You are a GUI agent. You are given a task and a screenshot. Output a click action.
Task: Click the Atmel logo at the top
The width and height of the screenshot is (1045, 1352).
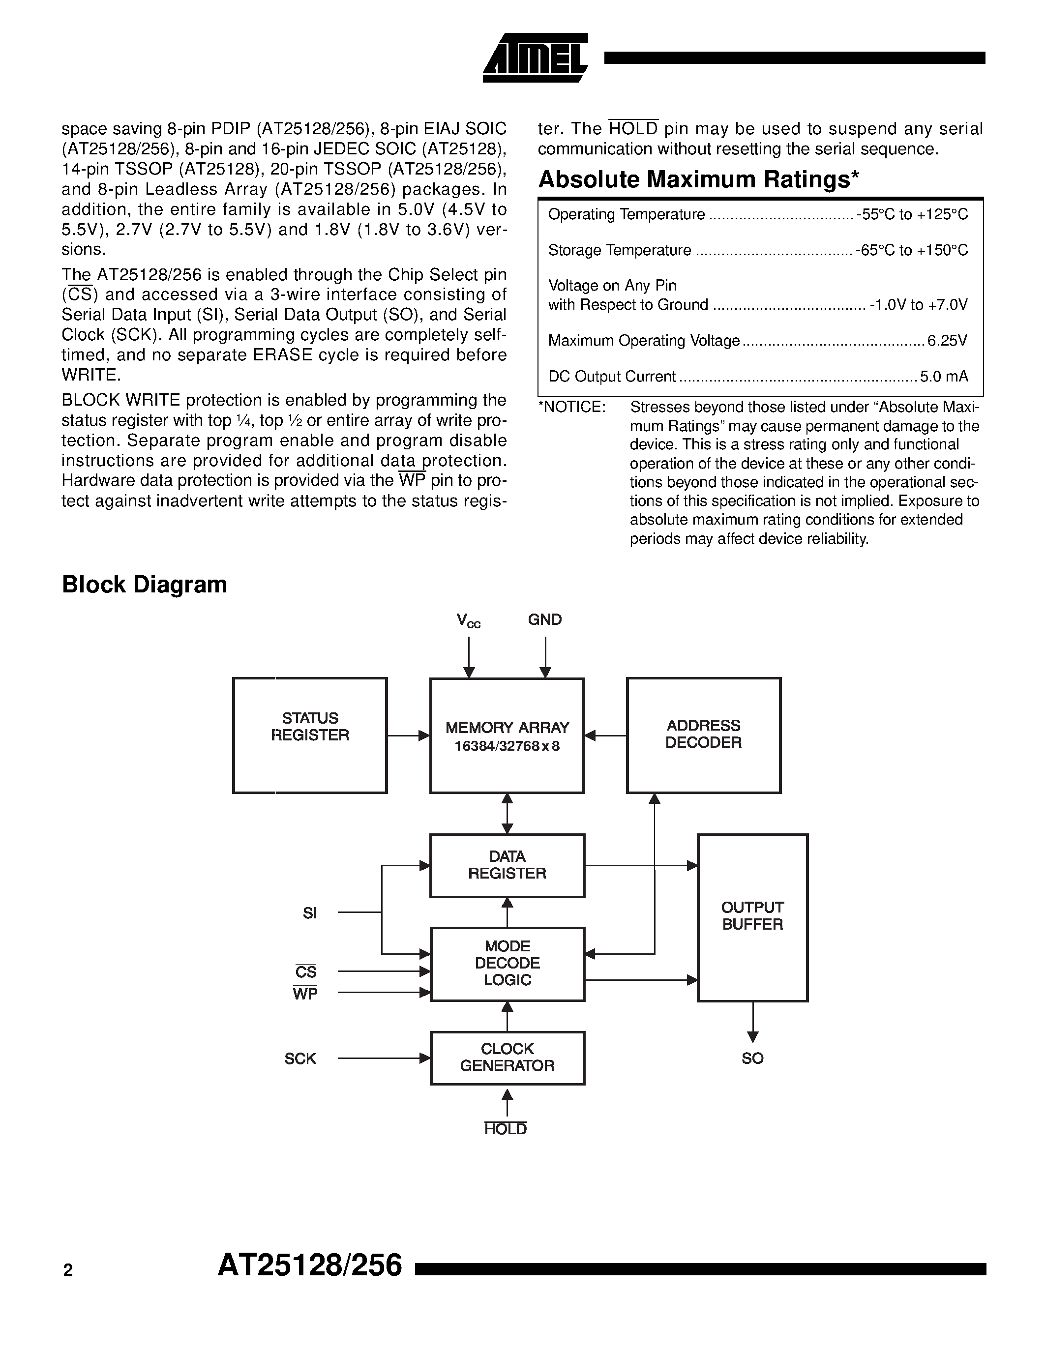pyautogui.click(x=535, y=58)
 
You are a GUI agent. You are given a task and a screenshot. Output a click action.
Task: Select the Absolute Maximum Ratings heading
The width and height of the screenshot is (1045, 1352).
pyautogui.click(x=698, y=179)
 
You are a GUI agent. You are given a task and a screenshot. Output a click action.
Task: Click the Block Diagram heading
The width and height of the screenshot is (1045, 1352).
pyautogui.click(x=144, y=585)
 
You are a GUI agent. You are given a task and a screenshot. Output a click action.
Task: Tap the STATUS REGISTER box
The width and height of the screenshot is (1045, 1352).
pyautogui.click(x=309, y=735)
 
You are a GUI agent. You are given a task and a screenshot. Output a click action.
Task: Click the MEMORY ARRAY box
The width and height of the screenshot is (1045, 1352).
pyautogui.click(x=507, y=735)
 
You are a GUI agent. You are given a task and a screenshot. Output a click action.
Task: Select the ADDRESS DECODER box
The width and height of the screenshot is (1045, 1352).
pyautogui.click(x=703, y=735)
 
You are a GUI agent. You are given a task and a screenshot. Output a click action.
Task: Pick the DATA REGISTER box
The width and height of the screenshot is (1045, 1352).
pyautogui.click(x=507, y=865)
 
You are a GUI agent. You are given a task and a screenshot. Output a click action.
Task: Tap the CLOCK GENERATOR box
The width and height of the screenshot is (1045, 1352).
pyautogui.click(x=507, y=1058)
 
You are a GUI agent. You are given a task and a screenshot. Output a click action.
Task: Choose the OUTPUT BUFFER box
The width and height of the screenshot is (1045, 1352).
pyautogui.click(x=752, y=917)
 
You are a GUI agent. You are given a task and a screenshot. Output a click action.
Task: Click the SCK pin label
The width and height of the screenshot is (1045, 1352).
pyautogui.click(x=300, y=1058)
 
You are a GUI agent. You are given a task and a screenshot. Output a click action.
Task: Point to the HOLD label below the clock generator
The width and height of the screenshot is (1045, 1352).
pyautogui.click(x=505, y=1129)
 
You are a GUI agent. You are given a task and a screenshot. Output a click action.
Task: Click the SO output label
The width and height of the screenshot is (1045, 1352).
pyautogui.click(x=752, y=1058)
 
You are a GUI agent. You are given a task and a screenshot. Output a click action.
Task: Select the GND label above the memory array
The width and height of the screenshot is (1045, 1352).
pyautogui.click(x=545, y=619)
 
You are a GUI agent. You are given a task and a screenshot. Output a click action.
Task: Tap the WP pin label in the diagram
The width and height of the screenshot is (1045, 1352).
pyautogui.click(x=304, y=994)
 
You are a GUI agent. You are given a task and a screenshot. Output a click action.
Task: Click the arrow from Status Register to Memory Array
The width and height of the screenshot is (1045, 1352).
pyautogui.click(x=408, y=735)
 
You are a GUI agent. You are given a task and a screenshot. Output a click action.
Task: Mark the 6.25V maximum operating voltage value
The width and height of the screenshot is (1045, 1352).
pyautogui.click(x=947, y=341)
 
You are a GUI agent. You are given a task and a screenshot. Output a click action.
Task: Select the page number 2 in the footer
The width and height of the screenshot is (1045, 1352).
pyautogui.click(x=68, y=1271)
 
